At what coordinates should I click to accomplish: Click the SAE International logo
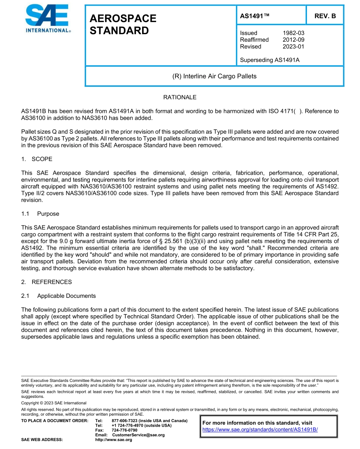pos(47,19)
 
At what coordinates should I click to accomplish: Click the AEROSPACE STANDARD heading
pos(123,25)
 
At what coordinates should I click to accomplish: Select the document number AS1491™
pos(255,16)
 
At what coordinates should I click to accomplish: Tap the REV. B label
pos(325,16)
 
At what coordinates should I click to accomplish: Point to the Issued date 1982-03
pos(293,33)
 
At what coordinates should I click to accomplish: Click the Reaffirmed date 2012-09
pos(293,40)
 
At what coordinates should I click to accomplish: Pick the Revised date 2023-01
pos(293,47)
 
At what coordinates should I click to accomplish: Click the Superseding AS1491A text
pos(270,60)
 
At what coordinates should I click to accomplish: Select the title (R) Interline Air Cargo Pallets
pos(214,76)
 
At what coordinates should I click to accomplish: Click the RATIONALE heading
pos(180,97)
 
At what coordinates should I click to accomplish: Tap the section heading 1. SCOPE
pos(37,159)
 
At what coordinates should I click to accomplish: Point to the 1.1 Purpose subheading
pos(40,214)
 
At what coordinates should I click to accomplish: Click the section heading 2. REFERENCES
pos(46,282)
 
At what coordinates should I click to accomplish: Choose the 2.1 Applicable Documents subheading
pos(58,296)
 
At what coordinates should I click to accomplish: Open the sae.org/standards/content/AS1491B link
pos(260,429)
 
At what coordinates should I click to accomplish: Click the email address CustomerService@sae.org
pos(138,435)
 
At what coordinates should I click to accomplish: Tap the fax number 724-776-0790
pos(125,430)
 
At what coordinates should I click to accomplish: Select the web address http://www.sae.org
pos(113,440)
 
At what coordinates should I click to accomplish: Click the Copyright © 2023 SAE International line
pos(54,403)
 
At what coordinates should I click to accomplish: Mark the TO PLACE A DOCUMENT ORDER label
pos(55,421)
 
